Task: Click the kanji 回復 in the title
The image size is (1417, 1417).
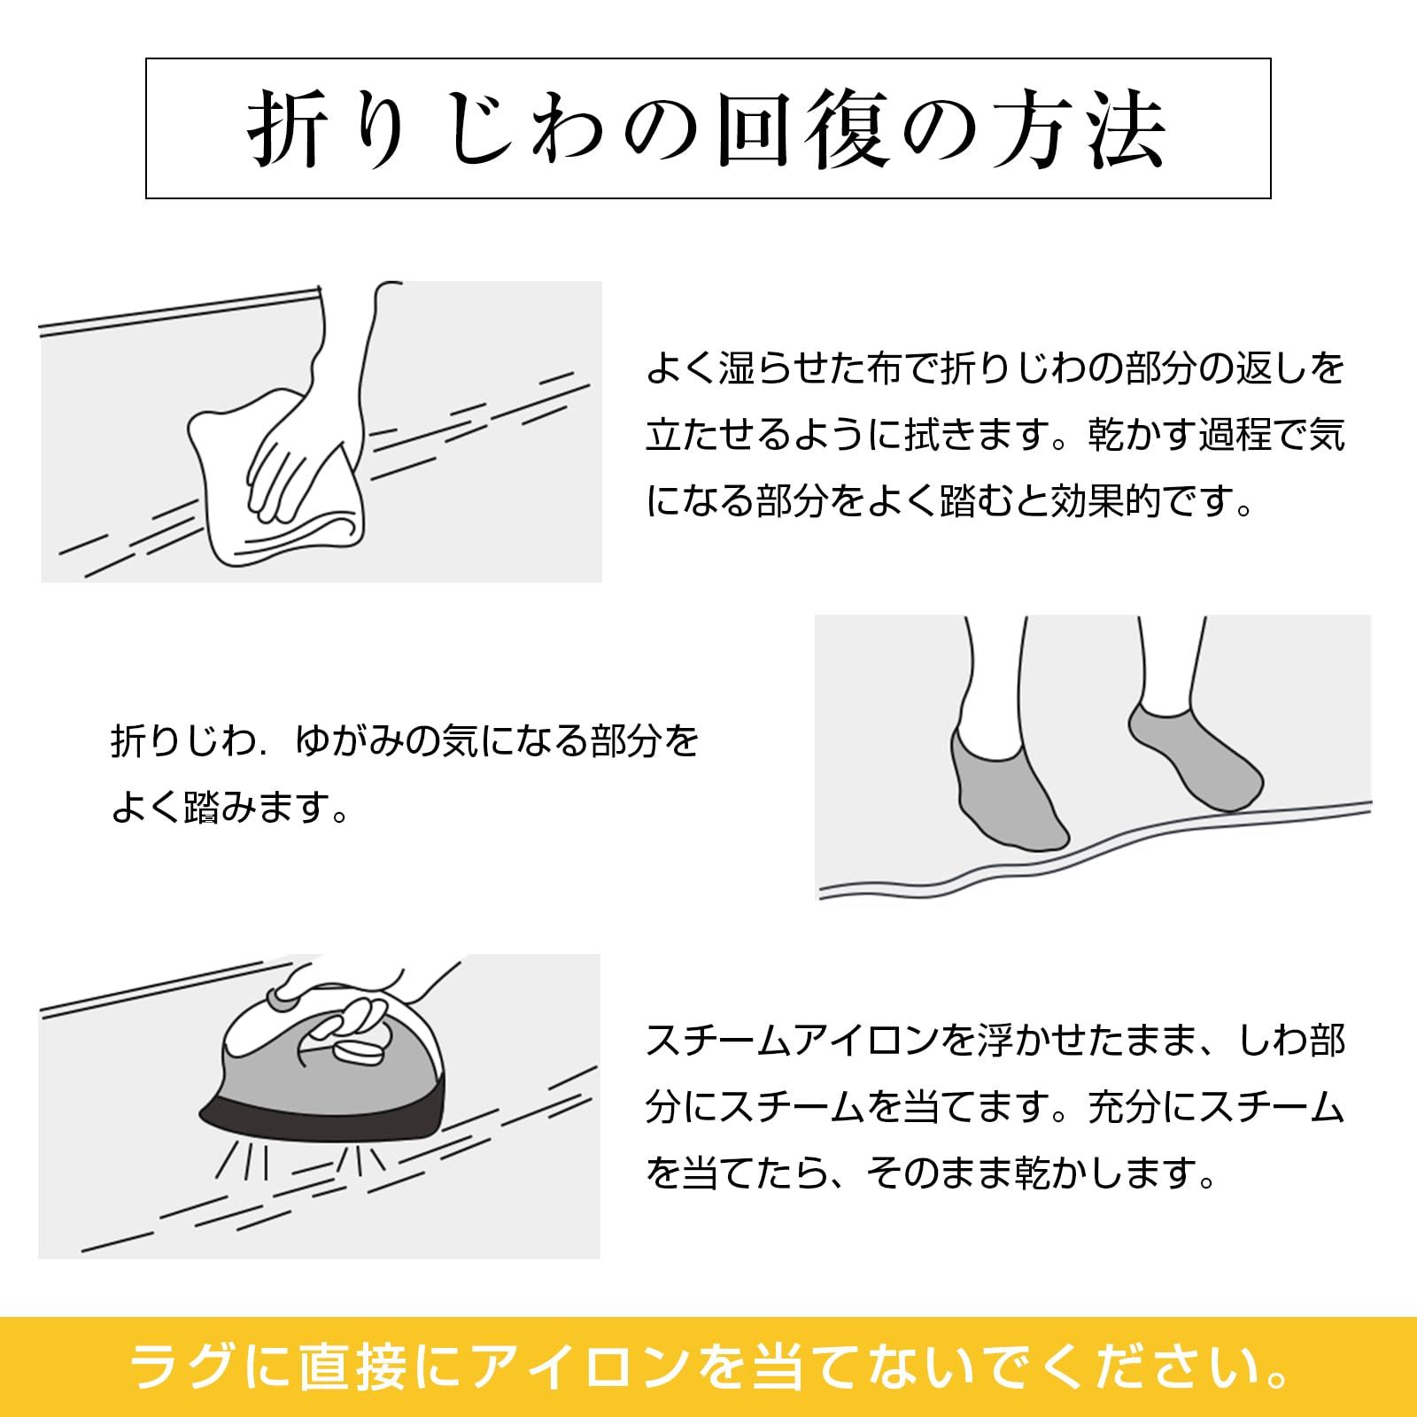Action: coord(801,130)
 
